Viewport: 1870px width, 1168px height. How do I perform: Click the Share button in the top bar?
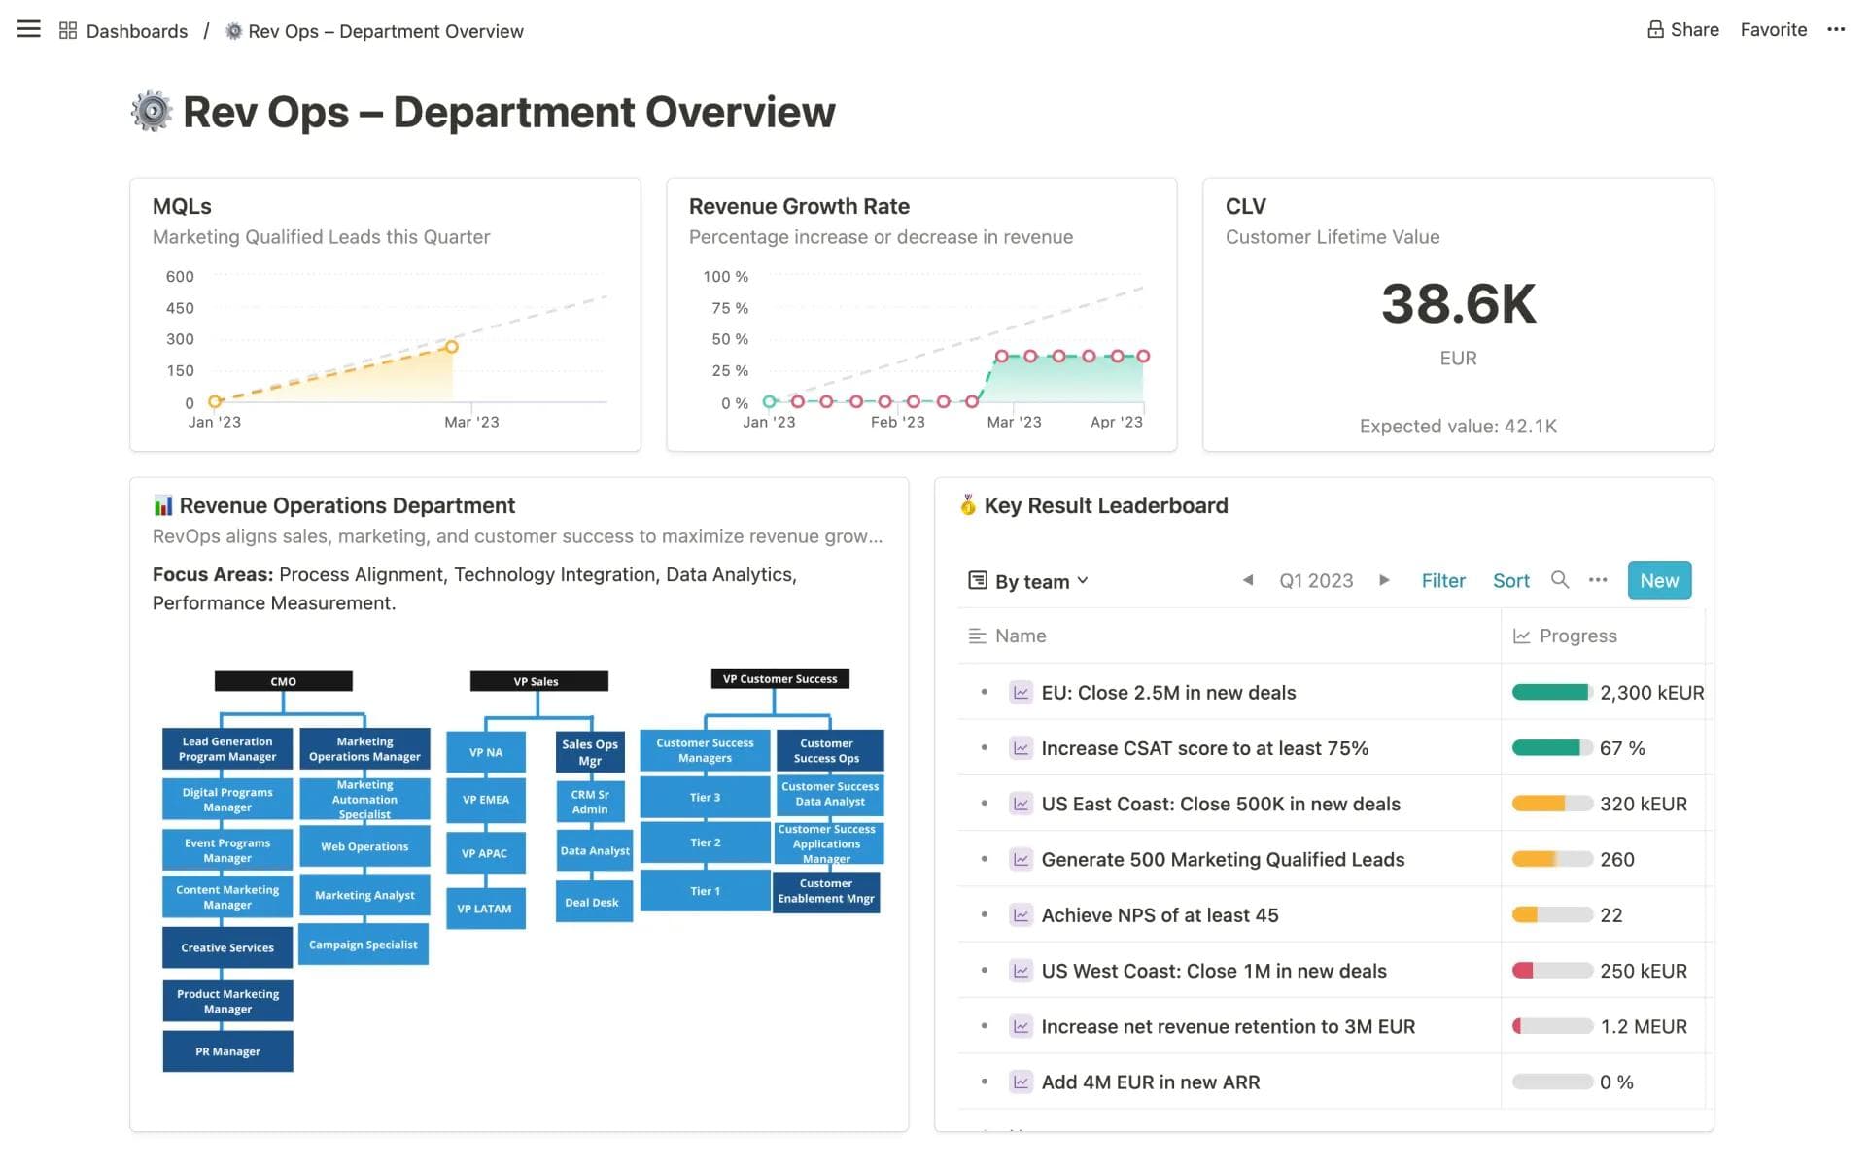(x=1682, y=30)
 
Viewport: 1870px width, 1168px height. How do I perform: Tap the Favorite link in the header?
(x=1773, y=30)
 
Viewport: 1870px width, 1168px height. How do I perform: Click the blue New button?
(x=1658, y=581)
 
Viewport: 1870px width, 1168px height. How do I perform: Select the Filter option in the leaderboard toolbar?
(x=1442, y=581)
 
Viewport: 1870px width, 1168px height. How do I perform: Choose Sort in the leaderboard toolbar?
(x=1510, y=581)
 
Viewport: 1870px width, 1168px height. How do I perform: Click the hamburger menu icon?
(x=29, y=29)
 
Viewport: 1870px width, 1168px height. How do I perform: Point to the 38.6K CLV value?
(x=1458, y=304)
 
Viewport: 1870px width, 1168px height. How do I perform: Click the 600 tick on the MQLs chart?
(x=180, y=277)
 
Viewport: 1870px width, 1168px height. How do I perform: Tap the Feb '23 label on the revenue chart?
(x=897, y=423)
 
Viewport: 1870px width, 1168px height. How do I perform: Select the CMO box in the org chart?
(x=283, y=682)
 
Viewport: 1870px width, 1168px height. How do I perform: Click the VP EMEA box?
(x=485, y=800)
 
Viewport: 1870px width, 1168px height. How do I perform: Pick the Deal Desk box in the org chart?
(x=592, y=903)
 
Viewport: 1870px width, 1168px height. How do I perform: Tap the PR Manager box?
(x=227, y=1051)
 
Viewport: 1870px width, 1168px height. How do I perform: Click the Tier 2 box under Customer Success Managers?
(x=705, y=842)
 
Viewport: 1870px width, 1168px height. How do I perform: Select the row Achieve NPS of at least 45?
(x=1160, y=915)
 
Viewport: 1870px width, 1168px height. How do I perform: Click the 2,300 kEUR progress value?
(x=1651, y=693)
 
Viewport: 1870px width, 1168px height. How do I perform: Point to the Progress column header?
(x=1576, y=636)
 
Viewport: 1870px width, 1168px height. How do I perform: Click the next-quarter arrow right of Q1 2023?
(x=1384, y=581)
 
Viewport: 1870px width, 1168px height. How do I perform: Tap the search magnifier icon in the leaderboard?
(x=1559, y=580)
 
